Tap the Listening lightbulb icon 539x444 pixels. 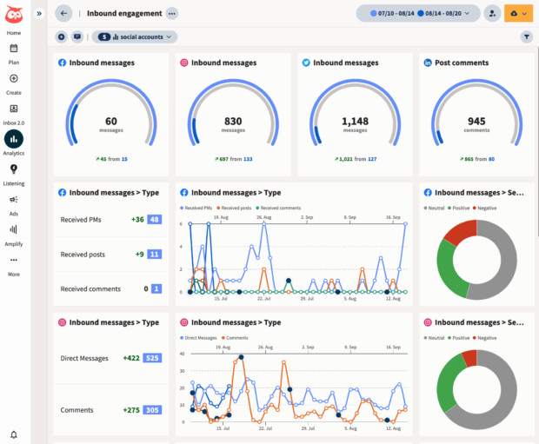click(x=14, y=169)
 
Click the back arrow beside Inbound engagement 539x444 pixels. click(x=63, y=13)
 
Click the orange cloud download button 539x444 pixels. click(x=518, y=13)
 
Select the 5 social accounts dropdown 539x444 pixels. click(x=135, y=36)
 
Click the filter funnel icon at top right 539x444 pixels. click(x=527, y=36)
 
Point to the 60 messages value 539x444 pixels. click(x=110, y=122)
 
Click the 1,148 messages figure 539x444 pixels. click(x=355, y=122)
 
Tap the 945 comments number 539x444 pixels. click(x=476, y=122)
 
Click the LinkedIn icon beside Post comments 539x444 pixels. click(x=428, y=63)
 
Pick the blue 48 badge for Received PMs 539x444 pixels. click(x=154, y=220)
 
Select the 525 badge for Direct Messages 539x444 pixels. click(x=152, y=357)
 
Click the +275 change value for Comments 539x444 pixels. click(x=131, y=410)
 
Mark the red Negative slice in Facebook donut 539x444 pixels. click(x=463, y=232)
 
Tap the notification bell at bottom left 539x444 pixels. click(x=14, y=434)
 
